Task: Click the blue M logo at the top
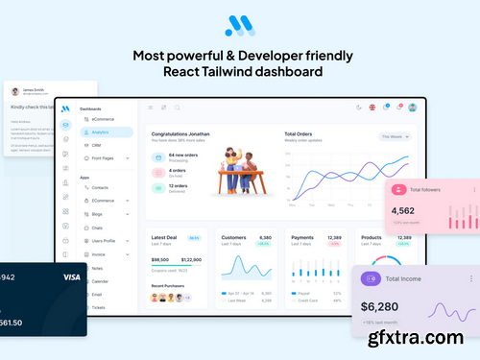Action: pos(239,26)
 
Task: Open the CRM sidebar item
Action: pos(97,145)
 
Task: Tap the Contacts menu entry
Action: pos(101,188)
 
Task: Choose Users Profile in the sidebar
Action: pos(106,241)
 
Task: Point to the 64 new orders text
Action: pos(184,154)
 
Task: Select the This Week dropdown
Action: pos(396,136)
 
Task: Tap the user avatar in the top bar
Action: pos(413,108)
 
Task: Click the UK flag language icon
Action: pos(372,108)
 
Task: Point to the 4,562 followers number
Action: pos(403,210)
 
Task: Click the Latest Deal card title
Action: pos(165,236)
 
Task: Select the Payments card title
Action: pos(302,236)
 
